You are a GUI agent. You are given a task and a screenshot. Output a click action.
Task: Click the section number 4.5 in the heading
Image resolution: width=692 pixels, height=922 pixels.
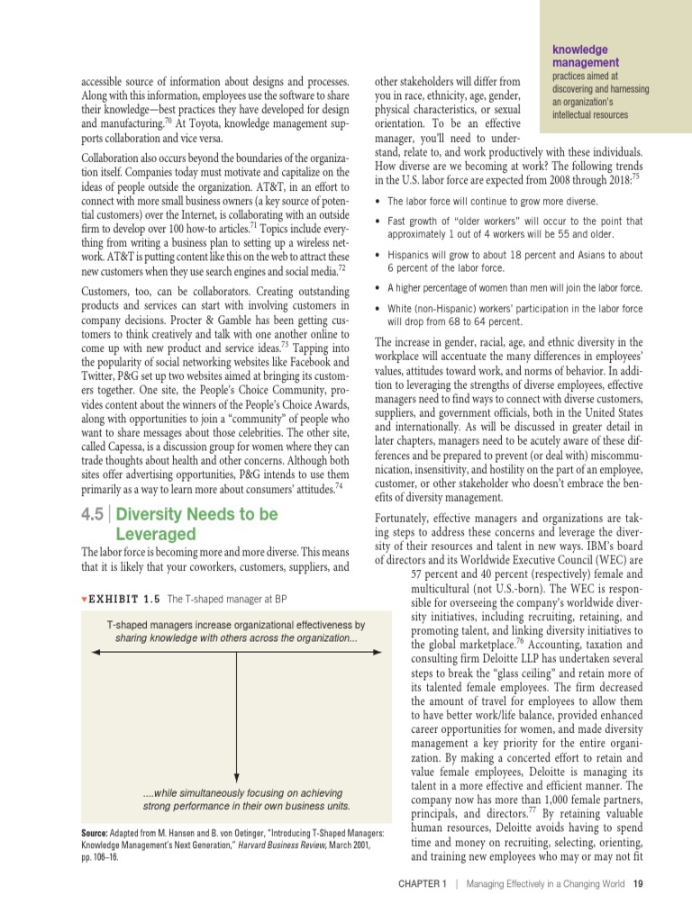(x=92, y=515)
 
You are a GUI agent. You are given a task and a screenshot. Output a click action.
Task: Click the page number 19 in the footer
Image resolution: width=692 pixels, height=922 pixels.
(x=637, y=883)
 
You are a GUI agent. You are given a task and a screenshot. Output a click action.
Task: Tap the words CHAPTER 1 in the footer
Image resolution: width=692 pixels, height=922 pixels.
(x=423, y=883)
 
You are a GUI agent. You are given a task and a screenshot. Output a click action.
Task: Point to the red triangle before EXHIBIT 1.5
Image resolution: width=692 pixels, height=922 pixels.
(x=84, y=599)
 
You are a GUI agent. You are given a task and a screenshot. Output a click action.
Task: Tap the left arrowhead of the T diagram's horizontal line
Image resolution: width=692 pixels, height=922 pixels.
(x=95, y=652)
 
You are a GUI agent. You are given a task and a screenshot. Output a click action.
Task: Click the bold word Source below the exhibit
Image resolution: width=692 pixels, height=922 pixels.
(x=96, y=833)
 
